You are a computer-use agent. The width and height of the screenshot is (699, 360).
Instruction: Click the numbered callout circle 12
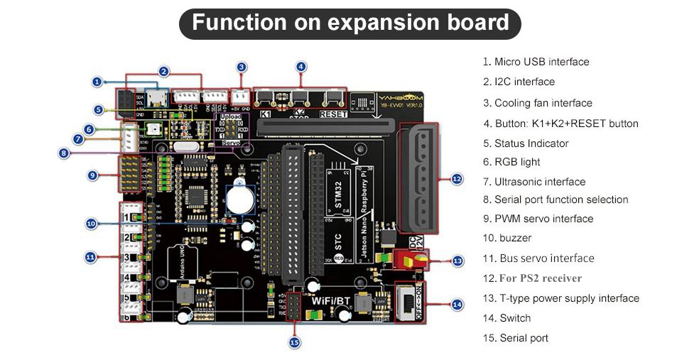tap(457, 179)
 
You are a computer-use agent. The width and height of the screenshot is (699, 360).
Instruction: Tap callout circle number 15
tap(295, 342)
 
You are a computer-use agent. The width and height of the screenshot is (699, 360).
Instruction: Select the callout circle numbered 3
tap(242, 67)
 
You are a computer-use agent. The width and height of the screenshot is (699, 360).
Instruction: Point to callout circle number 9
tap(93, 175)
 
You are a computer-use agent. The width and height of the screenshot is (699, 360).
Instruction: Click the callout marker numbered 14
tap(457, 304)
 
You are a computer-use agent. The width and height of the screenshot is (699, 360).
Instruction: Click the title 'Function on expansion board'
tap(350, 23)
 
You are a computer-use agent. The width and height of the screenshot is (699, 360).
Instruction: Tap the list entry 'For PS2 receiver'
tap(541, 278)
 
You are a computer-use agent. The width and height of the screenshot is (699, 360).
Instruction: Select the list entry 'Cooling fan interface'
tap(543, 103)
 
